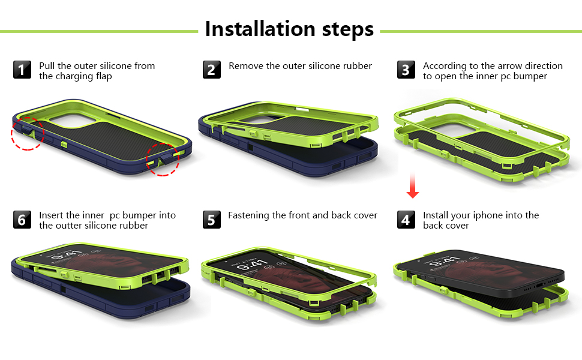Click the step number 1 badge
click(x=22, y=70)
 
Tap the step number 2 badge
click(x=211, y=70)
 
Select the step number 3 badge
click(x=406, y=70)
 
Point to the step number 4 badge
click(x=406, y=220)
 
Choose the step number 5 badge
click(x=211, y=220)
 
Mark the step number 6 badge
click(x=22, y=220)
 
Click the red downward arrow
click(x=412, y=186)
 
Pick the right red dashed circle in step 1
click(x=164, y=158)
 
